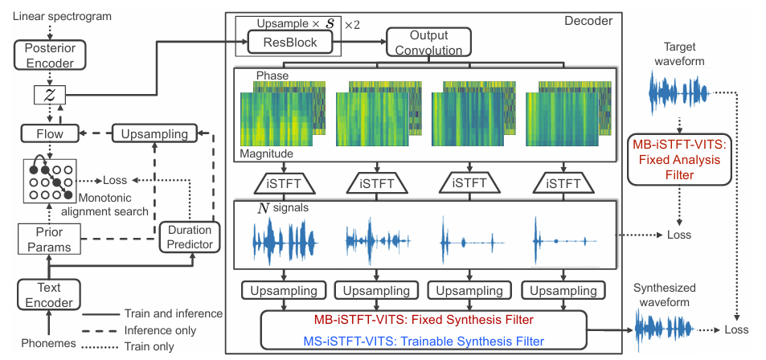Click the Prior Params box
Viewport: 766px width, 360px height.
[x=50, y=239]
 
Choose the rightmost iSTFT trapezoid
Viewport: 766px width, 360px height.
[x=566, y=184]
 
